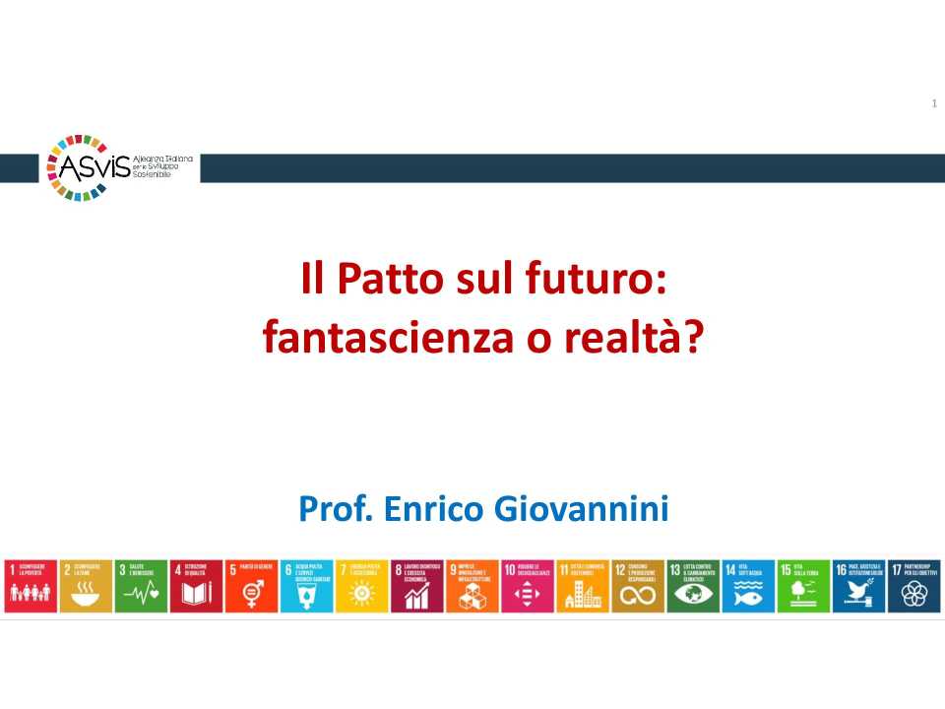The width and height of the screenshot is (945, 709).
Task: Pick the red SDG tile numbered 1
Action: (31, 586)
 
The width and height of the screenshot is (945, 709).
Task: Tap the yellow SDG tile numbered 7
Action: (362, 586)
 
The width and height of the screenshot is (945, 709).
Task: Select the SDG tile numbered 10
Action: (528, 586)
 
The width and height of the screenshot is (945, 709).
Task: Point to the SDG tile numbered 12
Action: (638, 586)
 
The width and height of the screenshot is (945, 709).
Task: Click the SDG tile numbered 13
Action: (693, 586)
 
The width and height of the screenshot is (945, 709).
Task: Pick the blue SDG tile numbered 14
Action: (748, 586)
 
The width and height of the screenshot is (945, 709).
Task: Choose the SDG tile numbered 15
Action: (803, 586)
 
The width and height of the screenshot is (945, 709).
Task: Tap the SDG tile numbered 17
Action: (913, 586)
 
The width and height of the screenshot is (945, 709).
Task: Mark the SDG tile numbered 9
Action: (472, 586)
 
